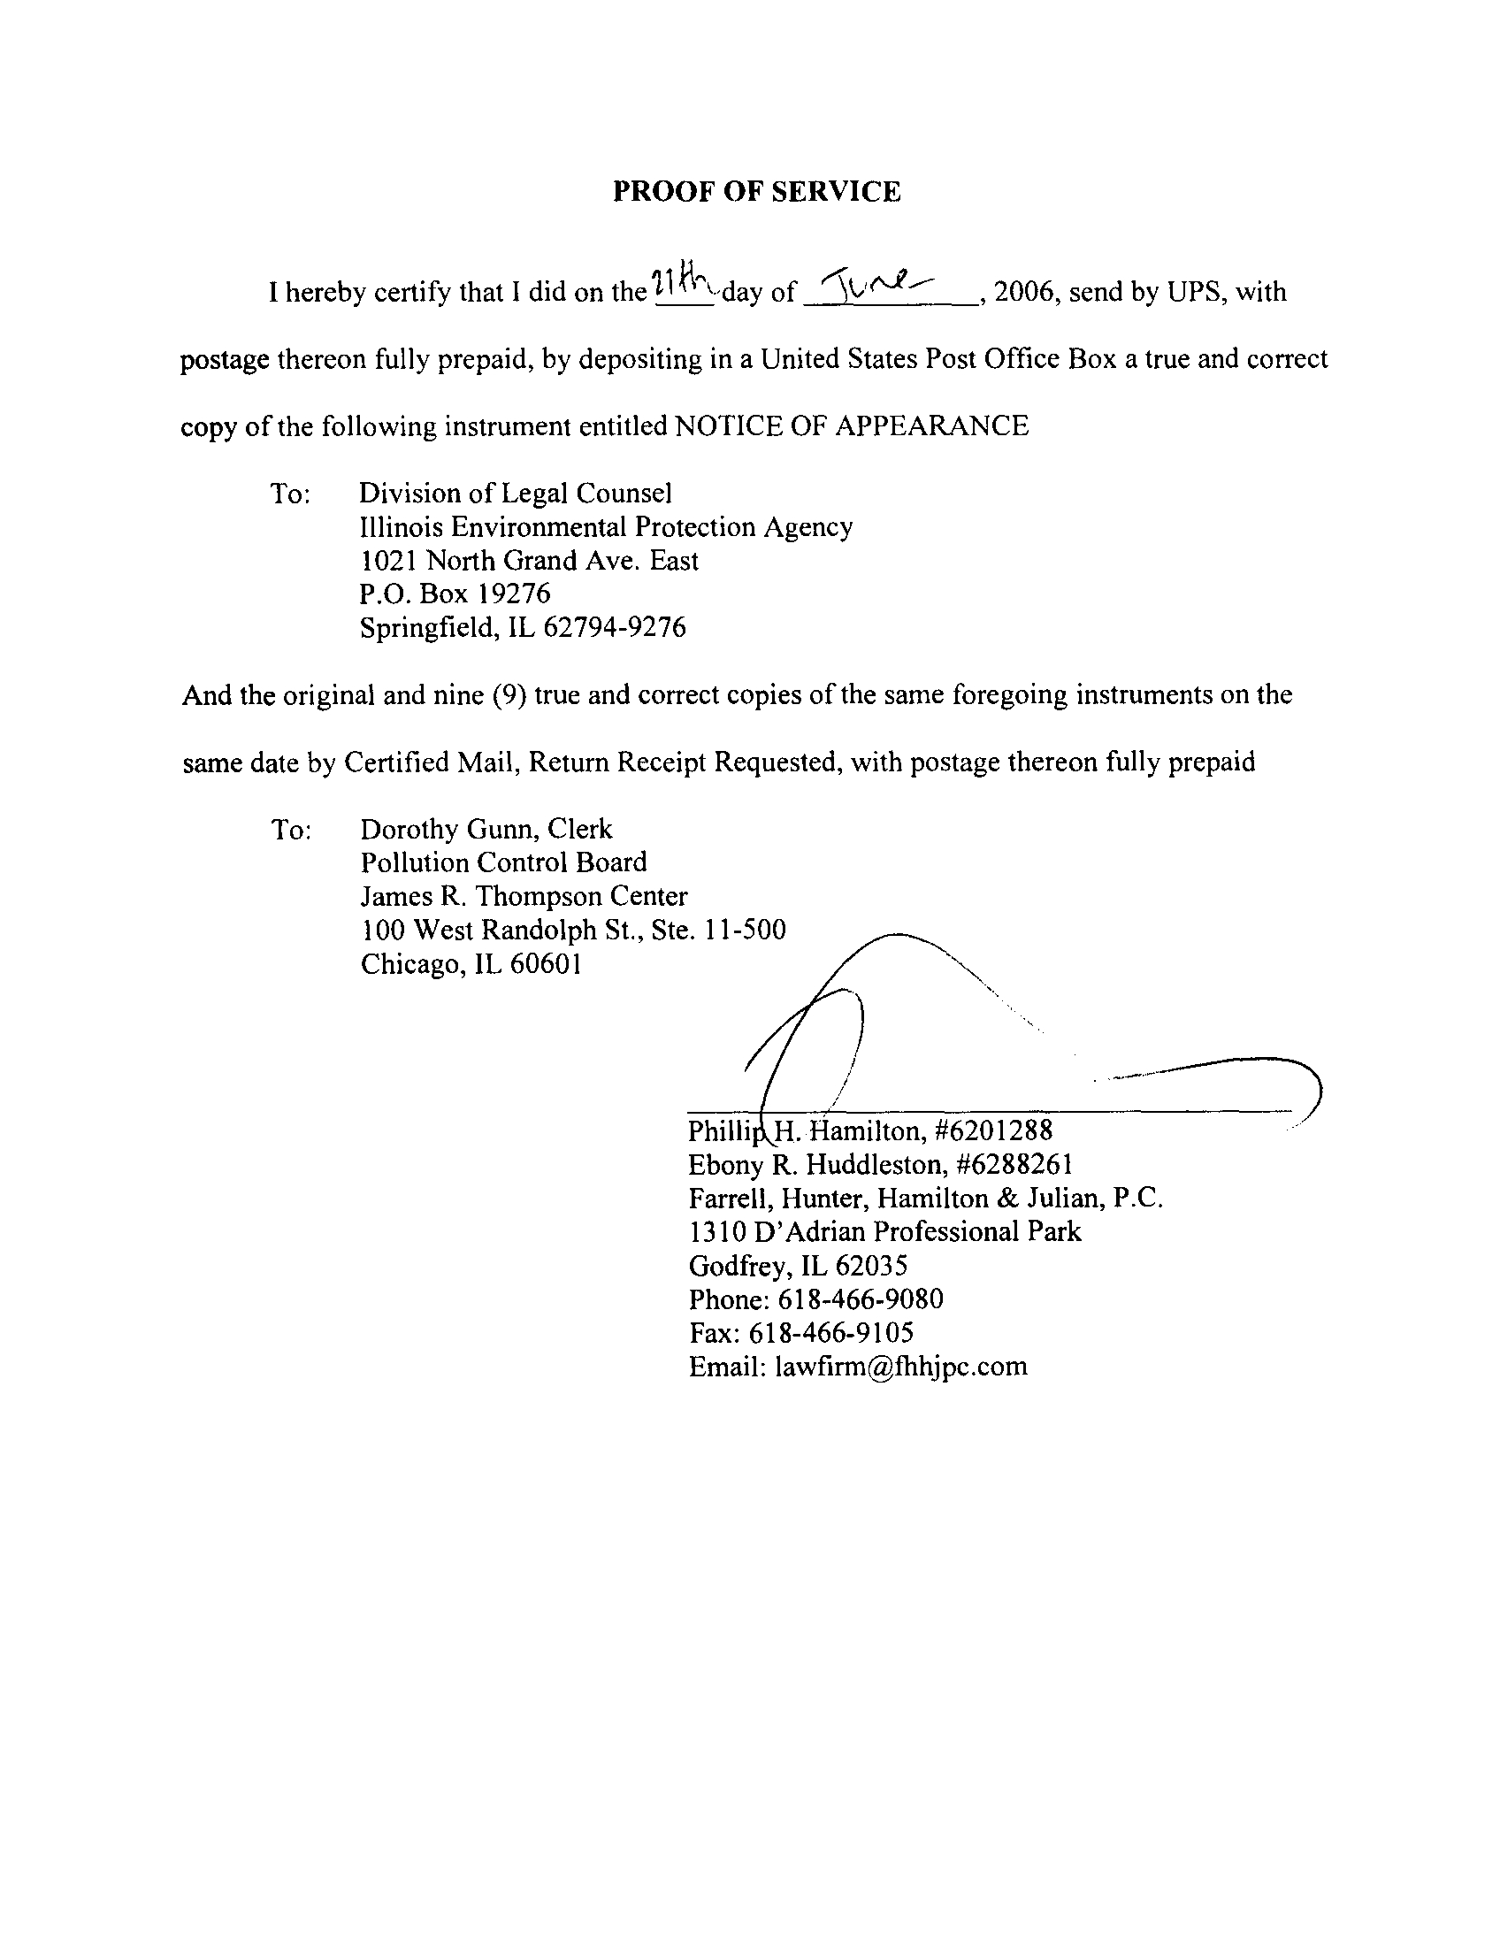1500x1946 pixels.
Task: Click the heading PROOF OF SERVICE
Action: [756, 192]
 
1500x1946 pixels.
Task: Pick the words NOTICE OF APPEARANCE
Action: [852, 426]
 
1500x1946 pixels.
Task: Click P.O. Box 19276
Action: [455, 594]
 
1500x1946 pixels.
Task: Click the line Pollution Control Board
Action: [503, 862]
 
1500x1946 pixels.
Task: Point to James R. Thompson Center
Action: [524, 896]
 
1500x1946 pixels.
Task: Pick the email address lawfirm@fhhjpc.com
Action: [900, 1367]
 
